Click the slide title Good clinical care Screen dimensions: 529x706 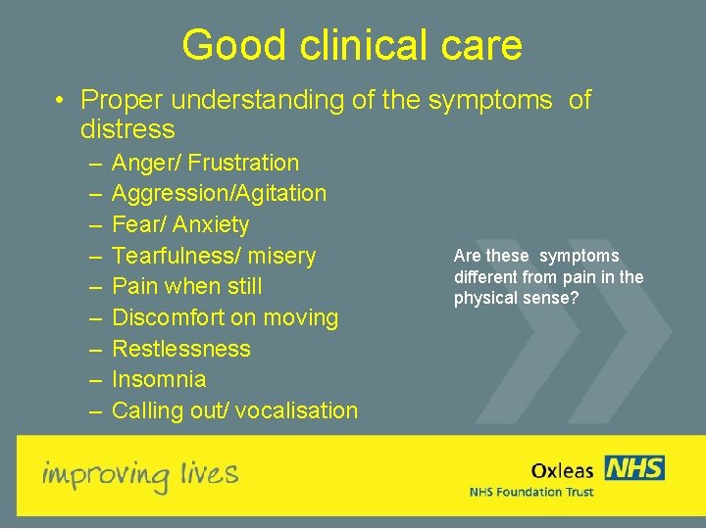[x=352, y=45]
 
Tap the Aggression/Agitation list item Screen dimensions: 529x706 [x=219, y=194]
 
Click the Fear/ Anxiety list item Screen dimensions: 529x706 [x=180, y=224]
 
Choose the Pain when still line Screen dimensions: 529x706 [x=188, y=287]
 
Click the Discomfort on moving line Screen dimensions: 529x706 [x=225, y=317]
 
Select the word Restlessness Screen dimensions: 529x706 [x=181, y=349]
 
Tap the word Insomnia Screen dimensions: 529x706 [x=159, y=379]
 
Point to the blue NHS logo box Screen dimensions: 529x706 [x=634, y=468]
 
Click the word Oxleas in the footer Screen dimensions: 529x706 [x=562, y=471]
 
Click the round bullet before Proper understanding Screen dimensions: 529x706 [x=61, y=101]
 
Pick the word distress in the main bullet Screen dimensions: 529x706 [x=127, y=129]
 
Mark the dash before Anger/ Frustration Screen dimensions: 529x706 [x=93, y=163]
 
